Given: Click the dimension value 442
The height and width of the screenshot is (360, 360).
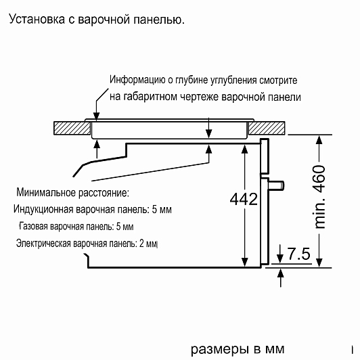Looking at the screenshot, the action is (x=244, y=199).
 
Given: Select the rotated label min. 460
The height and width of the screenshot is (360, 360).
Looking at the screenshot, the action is (x=319, y=197).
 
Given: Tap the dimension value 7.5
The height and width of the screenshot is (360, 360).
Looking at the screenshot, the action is (x=299, y=254).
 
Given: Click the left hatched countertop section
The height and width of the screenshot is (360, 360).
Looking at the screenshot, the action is (x=72, y=128).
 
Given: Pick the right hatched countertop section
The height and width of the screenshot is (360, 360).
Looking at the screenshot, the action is (x=267, y=128).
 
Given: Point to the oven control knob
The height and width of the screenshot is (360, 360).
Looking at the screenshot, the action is (x=277, y=185).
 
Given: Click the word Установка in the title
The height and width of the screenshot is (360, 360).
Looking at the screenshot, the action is (x=37, y=19).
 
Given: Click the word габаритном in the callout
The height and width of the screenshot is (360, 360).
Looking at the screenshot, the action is (x=150, y=97).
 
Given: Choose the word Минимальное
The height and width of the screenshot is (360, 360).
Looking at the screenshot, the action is (x=46, y=192).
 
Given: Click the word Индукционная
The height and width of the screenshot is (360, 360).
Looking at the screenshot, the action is (x=43, y=210).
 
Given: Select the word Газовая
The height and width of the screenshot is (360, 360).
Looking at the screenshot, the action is (x=34, y=227).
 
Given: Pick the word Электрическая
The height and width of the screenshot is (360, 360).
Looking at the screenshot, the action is (x=43, y=244).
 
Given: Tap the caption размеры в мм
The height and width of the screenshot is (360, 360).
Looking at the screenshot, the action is (x=238, y=349).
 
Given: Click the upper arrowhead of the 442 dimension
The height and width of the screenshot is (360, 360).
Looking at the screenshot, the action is (x=245, y=150).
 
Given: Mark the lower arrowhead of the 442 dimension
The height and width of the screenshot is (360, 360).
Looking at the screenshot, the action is (x=245, y=263).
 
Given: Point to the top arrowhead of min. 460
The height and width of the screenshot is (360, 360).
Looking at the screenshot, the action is (x=319, y=140).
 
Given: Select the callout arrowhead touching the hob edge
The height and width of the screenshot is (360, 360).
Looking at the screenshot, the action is (x=97, y=116).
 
